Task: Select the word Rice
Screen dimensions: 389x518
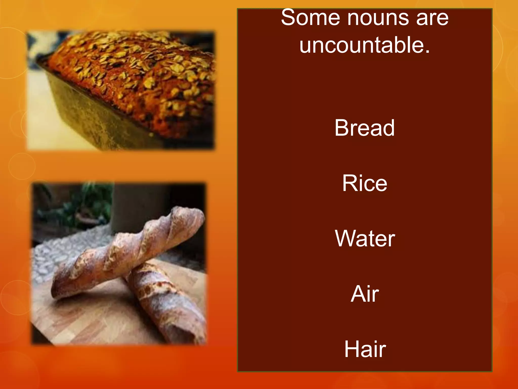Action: [x=364, y=183]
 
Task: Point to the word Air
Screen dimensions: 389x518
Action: [x=365, y=294]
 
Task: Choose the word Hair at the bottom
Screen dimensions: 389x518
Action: [x=365, y=349]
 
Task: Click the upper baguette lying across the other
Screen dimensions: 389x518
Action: [x=126, y=253]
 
